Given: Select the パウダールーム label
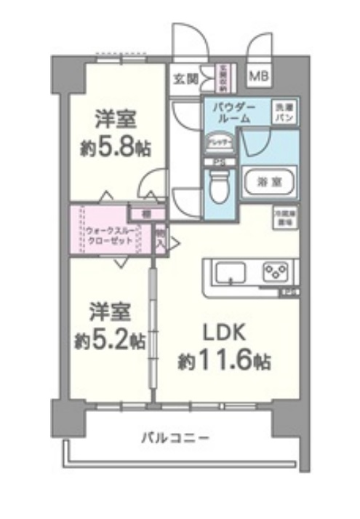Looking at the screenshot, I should pyautogui.click(x=232, y=112).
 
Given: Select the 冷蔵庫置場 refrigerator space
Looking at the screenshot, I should pyautogui.click(x=283, y=218).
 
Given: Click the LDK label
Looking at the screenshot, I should pyautogui.click(x=225, y=333).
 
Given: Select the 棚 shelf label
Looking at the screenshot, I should pyautogui.click(x=145, y=214).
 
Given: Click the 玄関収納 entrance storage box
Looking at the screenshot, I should pyautogui.click(x=224, y=77).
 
